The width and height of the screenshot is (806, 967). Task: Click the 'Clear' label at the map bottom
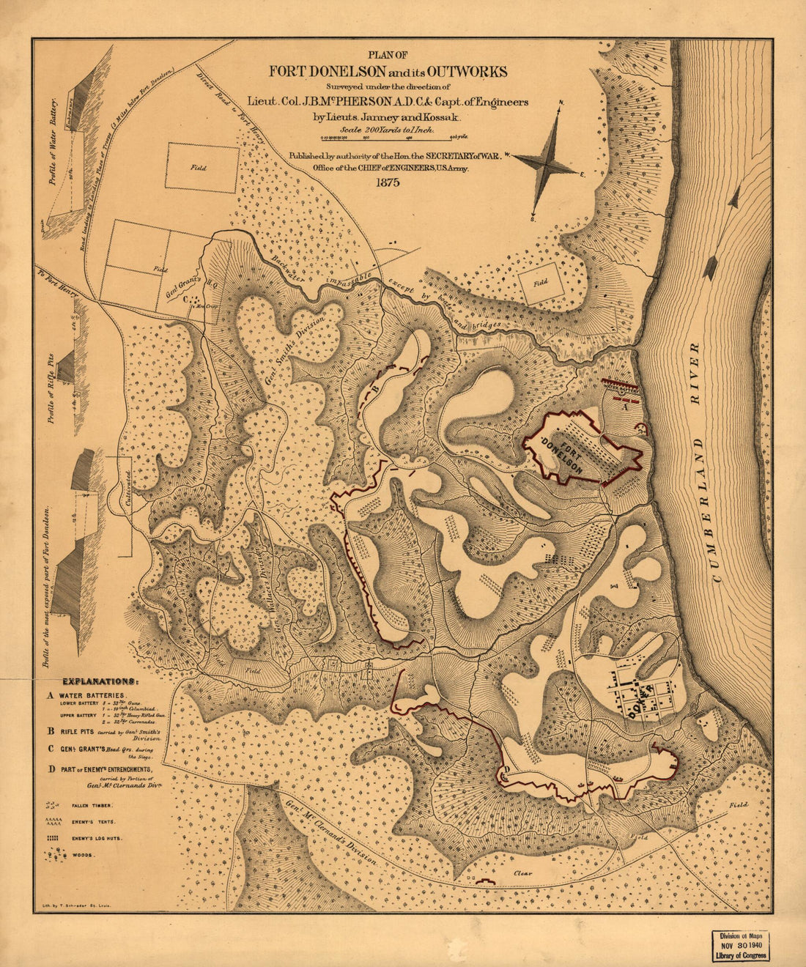522,873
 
